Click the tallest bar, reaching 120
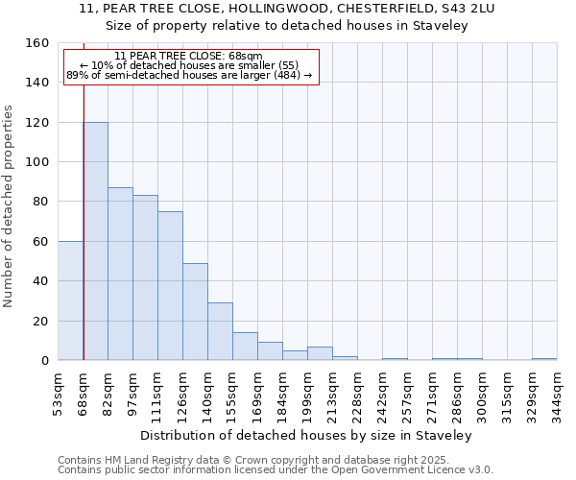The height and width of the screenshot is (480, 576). (96, 240)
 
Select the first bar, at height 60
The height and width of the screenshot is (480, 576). (71, 300)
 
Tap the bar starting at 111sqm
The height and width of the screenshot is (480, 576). (170, 285)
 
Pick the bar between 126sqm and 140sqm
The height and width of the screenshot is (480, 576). (195, 311)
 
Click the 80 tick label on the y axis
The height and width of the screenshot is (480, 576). (41, 202)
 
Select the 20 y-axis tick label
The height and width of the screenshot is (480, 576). (41, 321)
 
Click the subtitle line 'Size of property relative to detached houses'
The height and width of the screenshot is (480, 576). (287, 26)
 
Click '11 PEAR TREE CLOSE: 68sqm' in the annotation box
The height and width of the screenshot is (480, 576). (188, 56)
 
